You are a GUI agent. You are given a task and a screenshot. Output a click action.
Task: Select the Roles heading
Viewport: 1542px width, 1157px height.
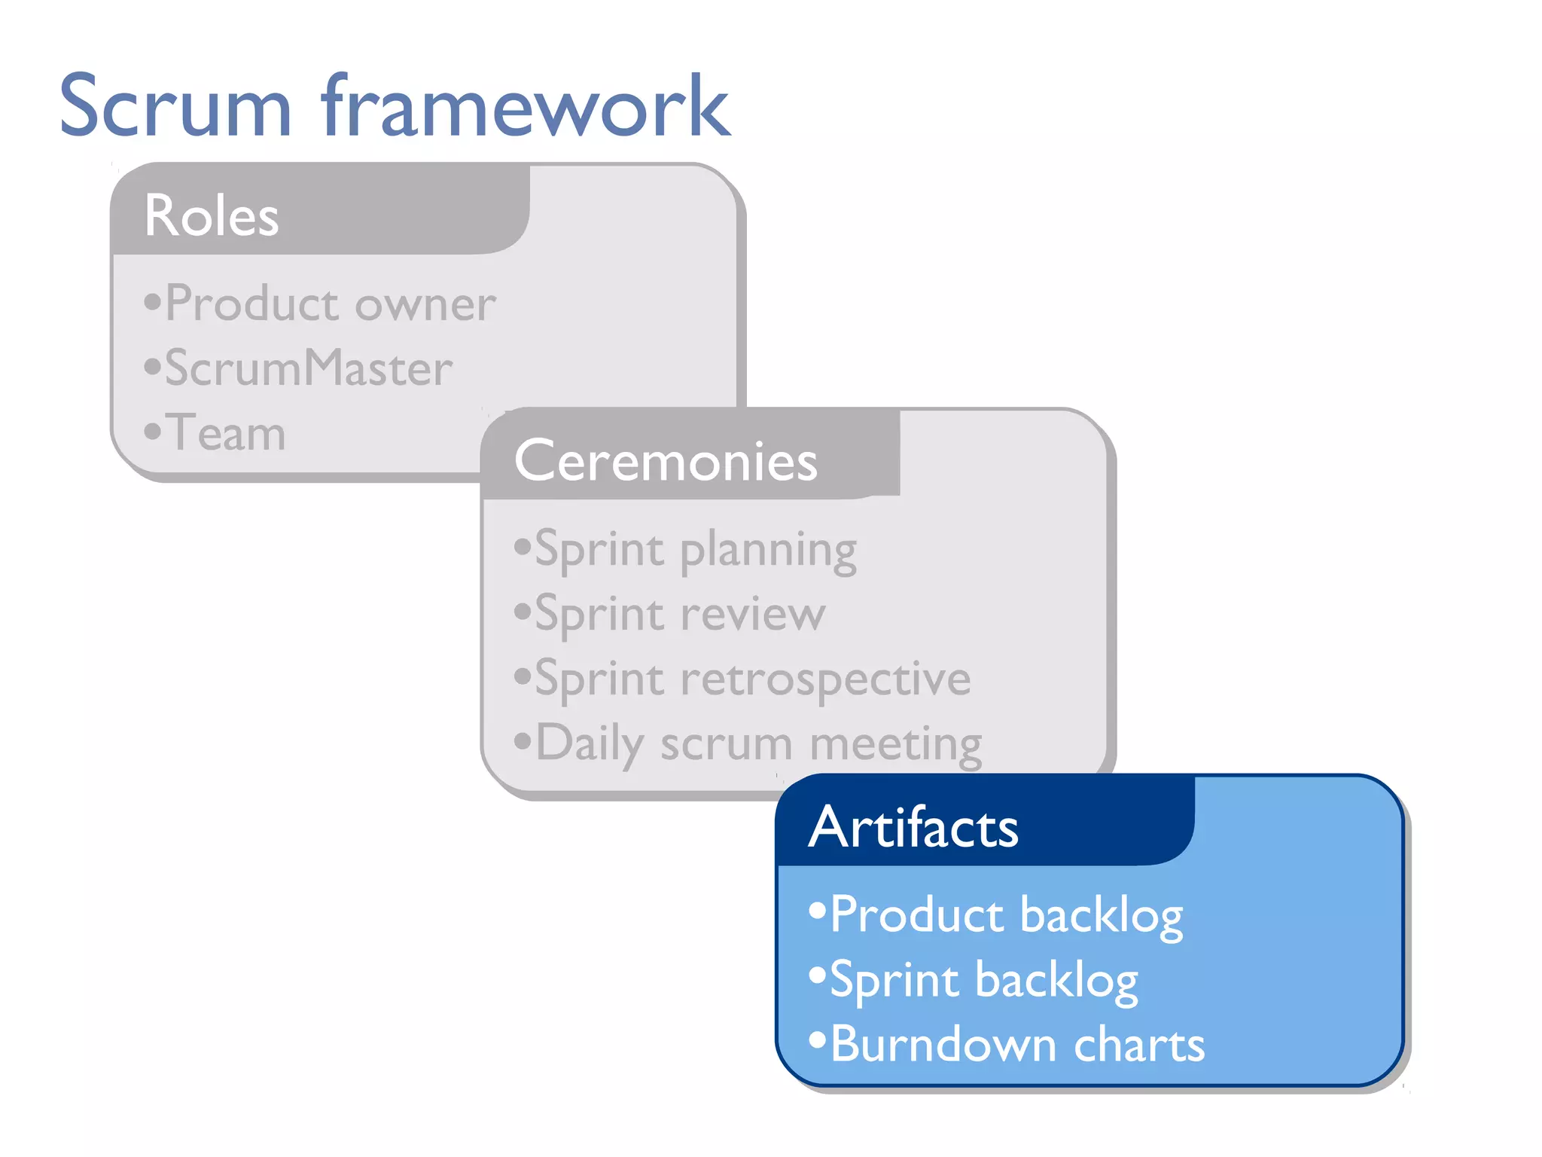[212, 215]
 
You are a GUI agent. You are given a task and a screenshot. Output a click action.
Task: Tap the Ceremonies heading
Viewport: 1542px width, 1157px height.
[666, 460]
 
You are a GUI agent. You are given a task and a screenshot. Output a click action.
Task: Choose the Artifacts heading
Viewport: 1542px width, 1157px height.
[913, 827]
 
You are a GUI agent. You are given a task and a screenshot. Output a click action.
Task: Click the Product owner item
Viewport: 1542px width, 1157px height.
[330, 304]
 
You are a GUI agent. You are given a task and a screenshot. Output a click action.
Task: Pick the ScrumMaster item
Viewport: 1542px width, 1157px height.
[309, 368]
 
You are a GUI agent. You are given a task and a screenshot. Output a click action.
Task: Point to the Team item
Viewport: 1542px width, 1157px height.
[225, 433]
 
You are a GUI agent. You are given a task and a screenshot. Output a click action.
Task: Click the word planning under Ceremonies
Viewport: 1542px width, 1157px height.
[768, 551]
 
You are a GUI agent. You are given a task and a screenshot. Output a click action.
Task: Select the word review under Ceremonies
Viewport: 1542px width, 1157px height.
[753, 614]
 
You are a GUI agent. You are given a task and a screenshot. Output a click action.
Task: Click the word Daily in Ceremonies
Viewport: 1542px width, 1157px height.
[590, 744]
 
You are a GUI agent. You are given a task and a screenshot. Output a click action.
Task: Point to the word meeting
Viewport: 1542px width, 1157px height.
[895, 744]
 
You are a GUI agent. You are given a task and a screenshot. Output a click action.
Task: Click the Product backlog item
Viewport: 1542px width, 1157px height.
[1006, 915]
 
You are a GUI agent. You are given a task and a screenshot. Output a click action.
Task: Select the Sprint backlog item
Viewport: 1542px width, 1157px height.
[983, 980]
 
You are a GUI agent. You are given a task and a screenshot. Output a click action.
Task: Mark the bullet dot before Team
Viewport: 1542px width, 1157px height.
[153, 432]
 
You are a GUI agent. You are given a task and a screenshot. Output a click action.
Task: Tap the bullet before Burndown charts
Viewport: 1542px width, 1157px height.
[818, 1041]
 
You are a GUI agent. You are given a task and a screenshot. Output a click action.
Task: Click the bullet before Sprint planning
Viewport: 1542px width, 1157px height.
[523, 546]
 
